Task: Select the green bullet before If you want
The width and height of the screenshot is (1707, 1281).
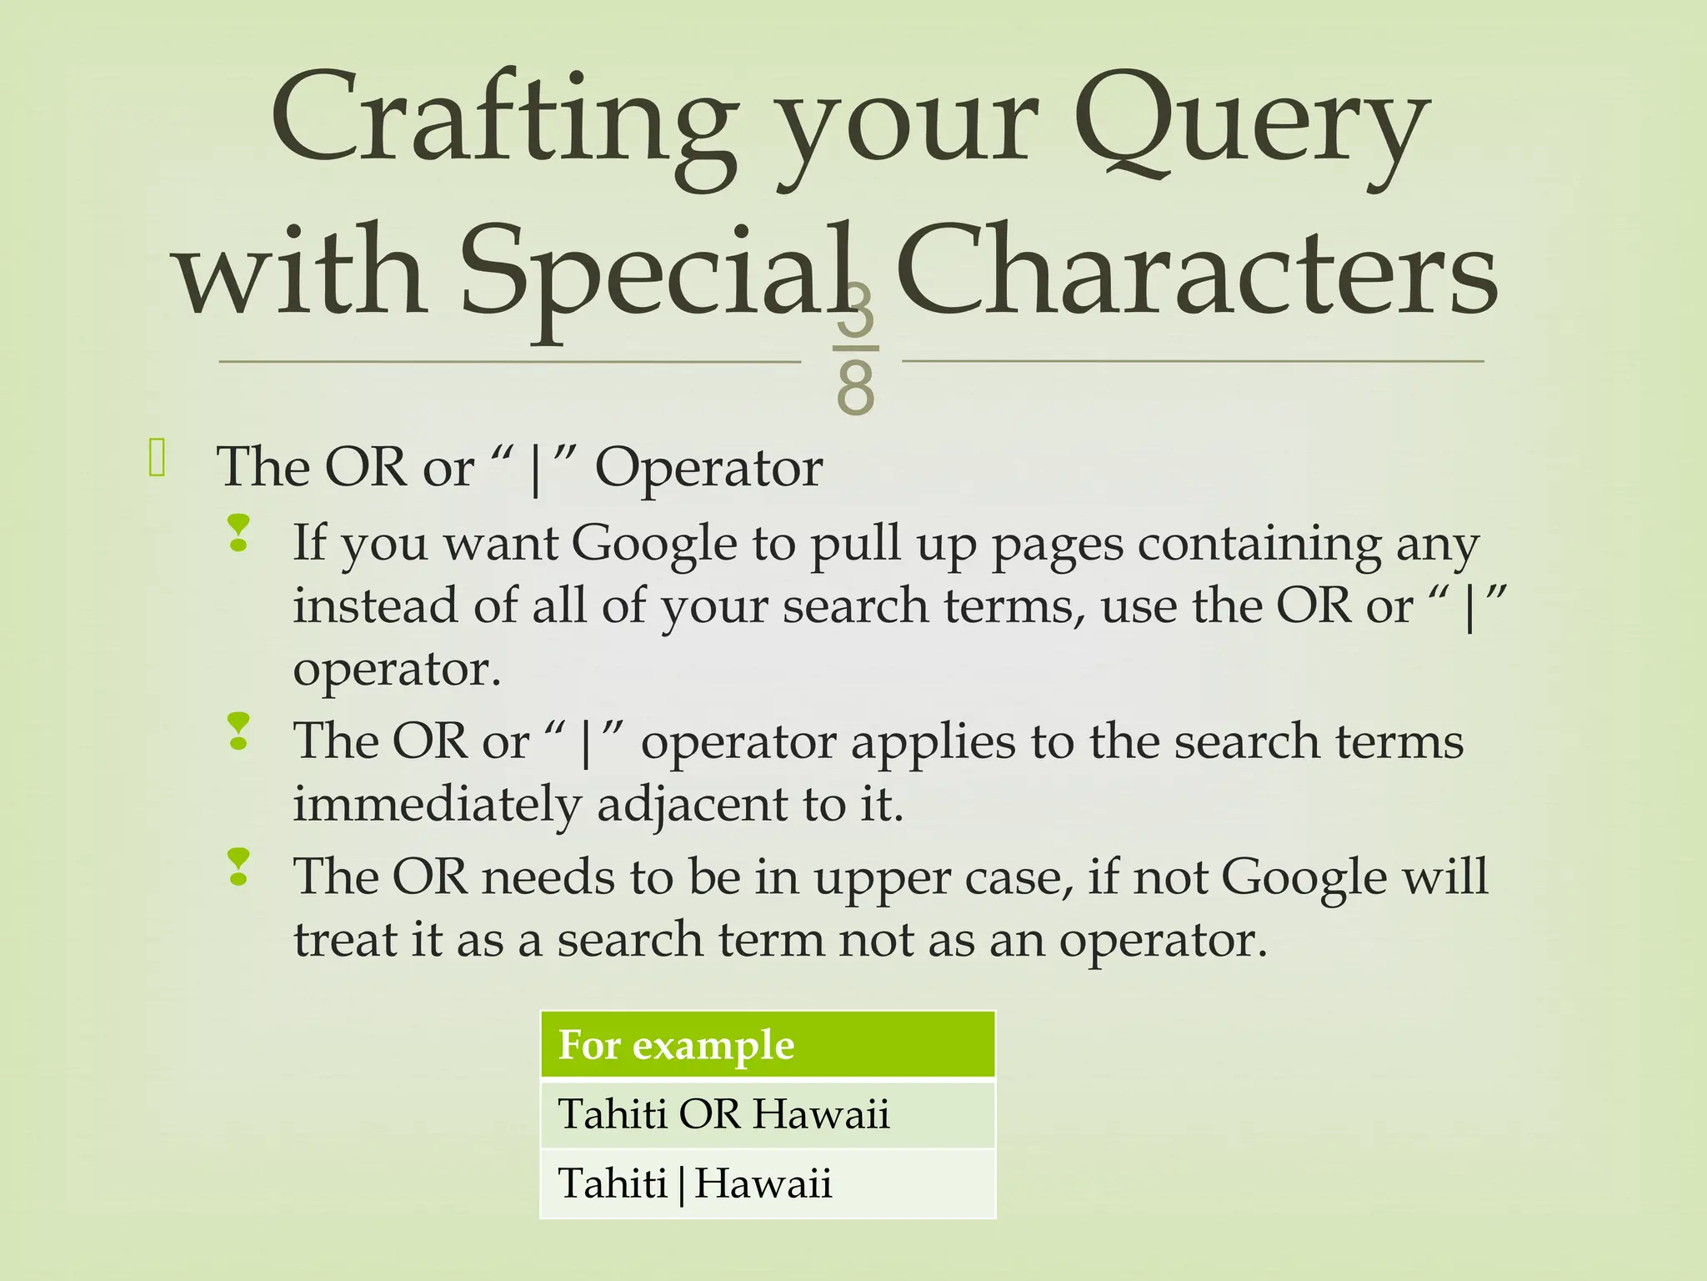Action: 238,533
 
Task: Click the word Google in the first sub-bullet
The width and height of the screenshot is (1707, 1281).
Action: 654,544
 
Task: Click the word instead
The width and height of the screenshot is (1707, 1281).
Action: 375,605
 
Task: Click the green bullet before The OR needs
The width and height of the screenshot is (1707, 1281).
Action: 238,867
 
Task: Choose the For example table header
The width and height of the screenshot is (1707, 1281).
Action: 767,1045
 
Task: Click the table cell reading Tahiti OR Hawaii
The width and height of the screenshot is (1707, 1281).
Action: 767,1114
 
